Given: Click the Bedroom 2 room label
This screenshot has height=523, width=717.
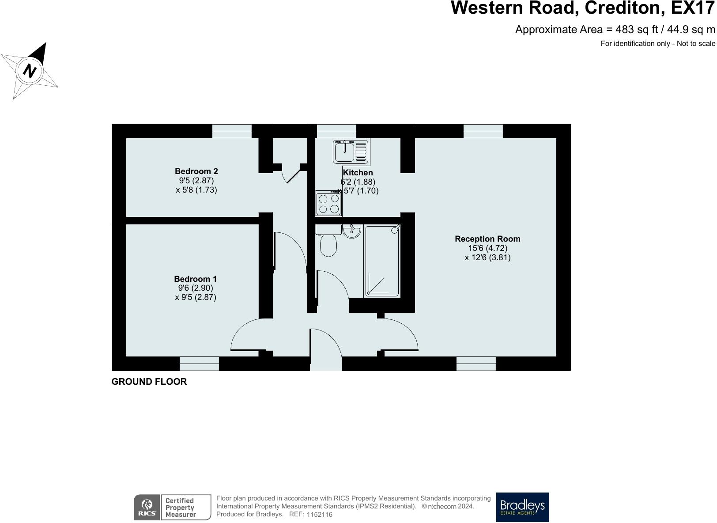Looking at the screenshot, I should click(196, 171).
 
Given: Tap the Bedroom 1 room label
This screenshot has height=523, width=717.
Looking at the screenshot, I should click(195, 279).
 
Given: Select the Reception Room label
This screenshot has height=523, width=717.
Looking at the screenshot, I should click(487, 239).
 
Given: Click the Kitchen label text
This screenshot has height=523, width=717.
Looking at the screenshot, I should click(358, 173).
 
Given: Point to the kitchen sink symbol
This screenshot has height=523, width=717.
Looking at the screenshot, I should click(351, 151).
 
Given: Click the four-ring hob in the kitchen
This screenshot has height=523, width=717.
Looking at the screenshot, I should click(328, 204).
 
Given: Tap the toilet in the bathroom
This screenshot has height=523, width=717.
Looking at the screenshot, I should click(328, 244).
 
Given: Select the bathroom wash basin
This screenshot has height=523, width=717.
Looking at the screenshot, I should click(351, 231).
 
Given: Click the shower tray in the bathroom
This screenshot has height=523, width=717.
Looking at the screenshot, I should click(382, 261).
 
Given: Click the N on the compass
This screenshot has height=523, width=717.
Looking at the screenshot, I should click(30, 71).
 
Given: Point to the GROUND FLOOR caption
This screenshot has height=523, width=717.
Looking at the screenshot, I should click(149, 382).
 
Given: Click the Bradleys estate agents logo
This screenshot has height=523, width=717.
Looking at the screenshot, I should click(522, 507).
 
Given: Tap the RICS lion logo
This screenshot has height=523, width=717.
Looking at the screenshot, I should click(147, 507).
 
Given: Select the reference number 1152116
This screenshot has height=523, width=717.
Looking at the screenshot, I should click(319, 515).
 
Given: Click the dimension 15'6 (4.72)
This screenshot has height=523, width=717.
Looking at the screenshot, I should click(487, 248).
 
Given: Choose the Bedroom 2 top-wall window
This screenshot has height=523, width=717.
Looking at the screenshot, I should click(232, 131).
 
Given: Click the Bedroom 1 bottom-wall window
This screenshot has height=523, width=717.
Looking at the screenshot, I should click(199, 364).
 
